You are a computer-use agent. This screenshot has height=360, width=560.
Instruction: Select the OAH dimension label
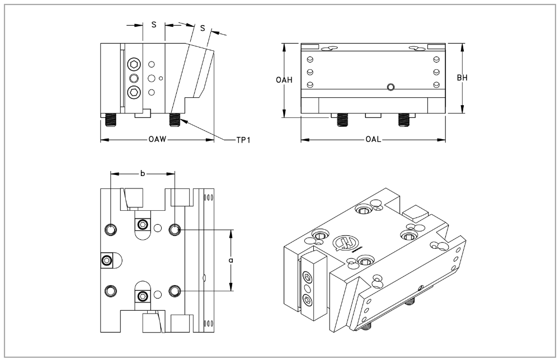click(284, 80)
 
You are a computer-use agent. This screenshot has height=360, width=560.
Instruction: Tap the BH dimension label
click(462, 78)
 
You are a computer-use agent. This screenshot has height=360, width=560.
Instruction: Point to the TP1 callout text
click(241, 139)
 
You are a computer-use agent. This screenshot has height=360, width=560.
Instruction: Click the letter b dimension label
click(143, 174)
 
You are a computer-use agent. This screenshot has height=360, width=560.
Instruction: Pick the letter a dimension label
click(231, 260)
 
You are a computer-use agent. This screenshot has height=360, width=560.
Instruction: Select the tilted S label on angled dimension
click(202, 28)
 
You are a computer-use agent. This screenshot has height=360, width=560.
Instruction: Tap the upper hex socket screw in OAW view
click(134, 64)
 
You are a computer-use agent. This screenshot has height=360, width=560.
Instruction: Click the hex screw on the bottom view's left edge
click(106, 260)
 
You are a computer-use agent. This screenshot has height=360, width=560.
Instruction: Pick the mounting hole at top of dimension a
click(176, 230)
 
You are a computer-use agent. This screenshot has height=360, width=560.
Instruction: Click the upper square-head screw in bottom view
click(143, 225)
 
